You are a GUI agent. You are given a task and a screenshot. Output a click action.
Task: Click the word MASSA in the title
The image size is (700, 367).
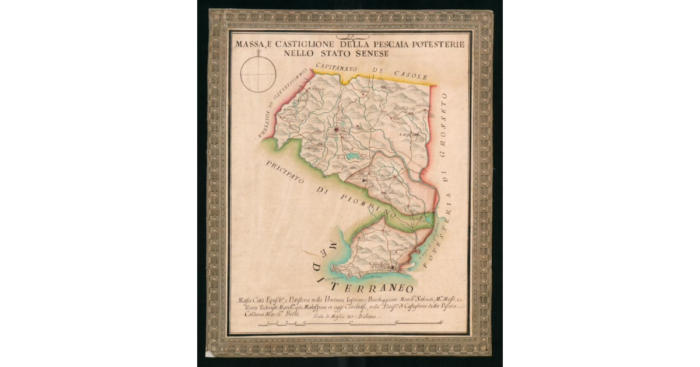[x=249, y=44]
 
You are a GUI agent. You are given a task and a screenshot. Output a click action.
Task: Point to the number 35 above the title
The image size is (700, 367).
[x=350, y=36]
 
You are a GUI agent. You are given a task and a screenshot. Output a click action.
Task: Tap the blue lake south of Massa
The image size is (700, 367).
[x=352, y=157]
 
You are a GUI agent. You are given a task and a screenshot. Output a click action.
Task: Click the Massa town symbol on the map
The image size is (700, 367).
[x=337, y=130]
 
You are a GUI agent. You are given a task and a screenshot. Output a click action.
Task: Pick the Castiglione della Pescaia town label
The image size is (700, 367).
[x=382, y=264]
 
